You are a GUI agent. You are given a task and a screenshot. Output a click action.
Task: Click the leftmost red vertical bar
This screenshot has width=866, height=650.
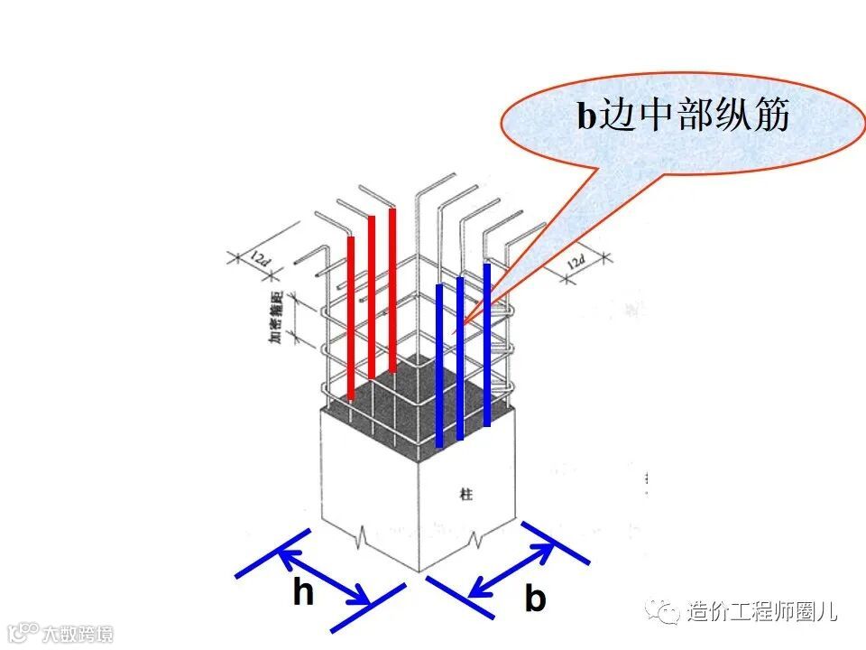(350, 316)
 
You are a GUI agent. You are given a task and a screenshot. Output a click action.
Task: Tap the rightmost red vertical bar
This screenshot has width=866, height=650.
(392, 289)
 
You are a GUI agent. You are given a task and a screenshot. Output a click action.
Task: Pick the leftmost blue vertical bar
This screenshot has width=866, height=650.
(439, 366)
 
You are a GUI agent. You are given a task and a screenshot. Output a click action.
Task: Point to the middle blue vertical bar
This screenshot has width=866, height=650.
(460, 358)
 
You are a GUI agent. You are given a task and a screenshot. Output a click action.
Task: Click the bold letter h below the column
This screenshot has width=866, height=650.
(304, 593)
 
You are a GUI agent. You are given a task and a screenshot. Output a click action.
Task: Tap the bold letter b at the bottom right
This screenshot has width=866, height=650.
(535, 598)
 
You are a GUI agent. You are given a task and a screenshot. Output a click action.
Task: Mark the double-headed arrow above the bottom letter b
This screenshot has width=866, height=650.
(512, 569)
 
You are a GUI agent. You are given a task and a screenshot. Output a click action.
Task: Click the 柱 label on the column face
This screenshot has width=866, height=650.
(466, 494)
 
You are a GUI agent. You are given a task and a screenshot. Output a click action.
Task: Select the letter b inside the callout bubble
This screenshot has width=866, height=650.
(586, 116)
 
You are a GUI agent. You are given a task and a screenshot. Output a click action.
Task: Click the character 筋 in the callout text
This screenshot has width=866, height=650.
(772, 116)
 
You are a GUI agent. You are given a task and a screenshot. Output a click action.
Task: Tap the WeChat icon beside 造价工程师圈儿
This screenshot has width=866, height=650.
(668, 611)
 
